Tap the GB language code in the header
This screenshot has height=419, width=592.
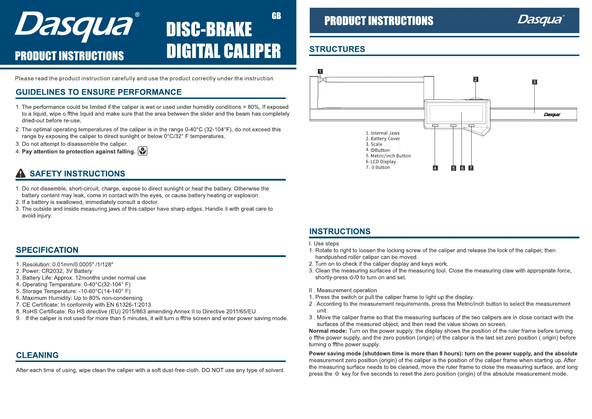(276, 16)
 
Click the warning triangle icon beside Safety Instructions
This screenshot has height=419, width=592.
(21, 173)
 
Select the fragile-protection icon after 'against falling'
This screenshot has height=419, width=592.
(143, 151)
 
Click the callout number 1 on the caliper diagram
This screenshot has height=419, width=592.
(320, 71)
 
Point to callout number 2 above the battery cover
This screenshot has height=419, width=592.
(476, 80)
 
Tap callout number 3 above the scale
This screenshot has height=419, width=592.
(534, 82)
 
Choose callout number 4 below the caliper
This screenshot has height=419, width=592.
(435, 168)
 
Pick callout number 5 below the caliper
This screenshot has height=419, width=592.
(454, 168)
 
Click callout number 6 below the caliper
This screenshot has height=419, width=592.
(462, 168)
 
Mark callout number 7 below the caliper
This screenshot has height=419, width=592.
(471, 168)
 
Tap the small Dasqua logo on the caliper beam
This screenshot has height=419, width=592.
(552, 114)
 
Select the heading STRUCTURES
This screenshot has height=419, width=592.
(337, 49)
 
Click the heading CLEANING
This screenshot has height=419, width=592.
(37, 355)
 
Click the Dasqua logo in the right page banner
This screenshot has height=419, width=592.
(541, 20)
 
